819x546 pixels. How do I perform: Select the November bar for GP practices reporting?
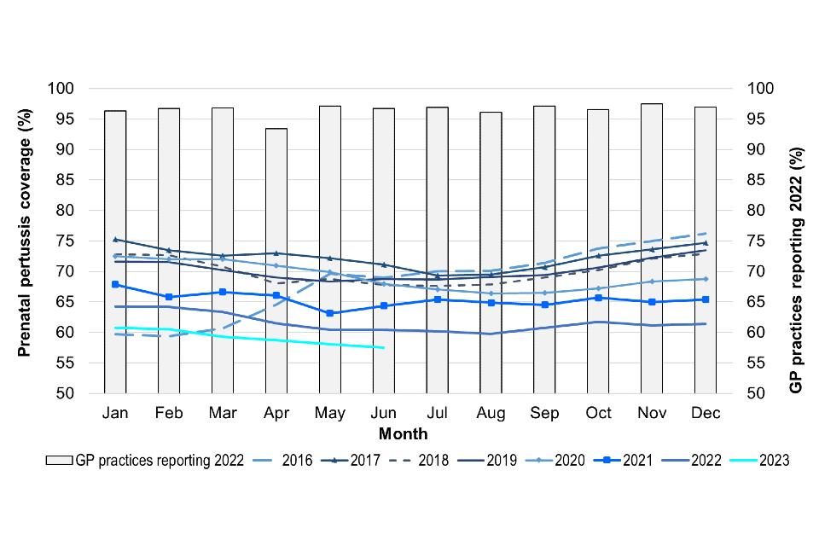pos(652,247)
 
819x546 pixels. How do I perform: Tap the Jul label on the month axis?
pos(437,414)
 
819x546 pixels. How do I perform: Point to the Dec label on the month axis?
pos(706,414)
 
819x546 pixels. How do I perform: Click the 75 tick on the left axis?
pos(65,241)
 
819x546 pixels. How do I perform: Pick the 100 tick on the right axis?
pos(761,89)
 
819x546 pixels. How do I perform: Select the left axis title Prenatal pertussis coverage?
pos(26,241)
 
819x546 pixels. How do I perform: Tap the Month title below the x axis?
pos(404,433)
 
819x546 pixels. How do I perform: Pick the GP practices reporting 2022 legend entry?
pos(145,460)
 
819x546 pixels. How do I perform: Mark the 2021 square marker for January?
pos(115,284)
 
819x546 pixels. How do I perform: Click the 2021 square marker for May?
pos(329,313)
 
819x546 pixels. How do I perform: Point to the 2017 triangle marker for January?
pos(115,240)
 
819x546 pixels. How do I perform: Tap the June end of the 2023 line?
pos(383,347)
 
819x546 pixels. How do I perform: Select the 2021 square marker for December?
pos(706,299)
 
